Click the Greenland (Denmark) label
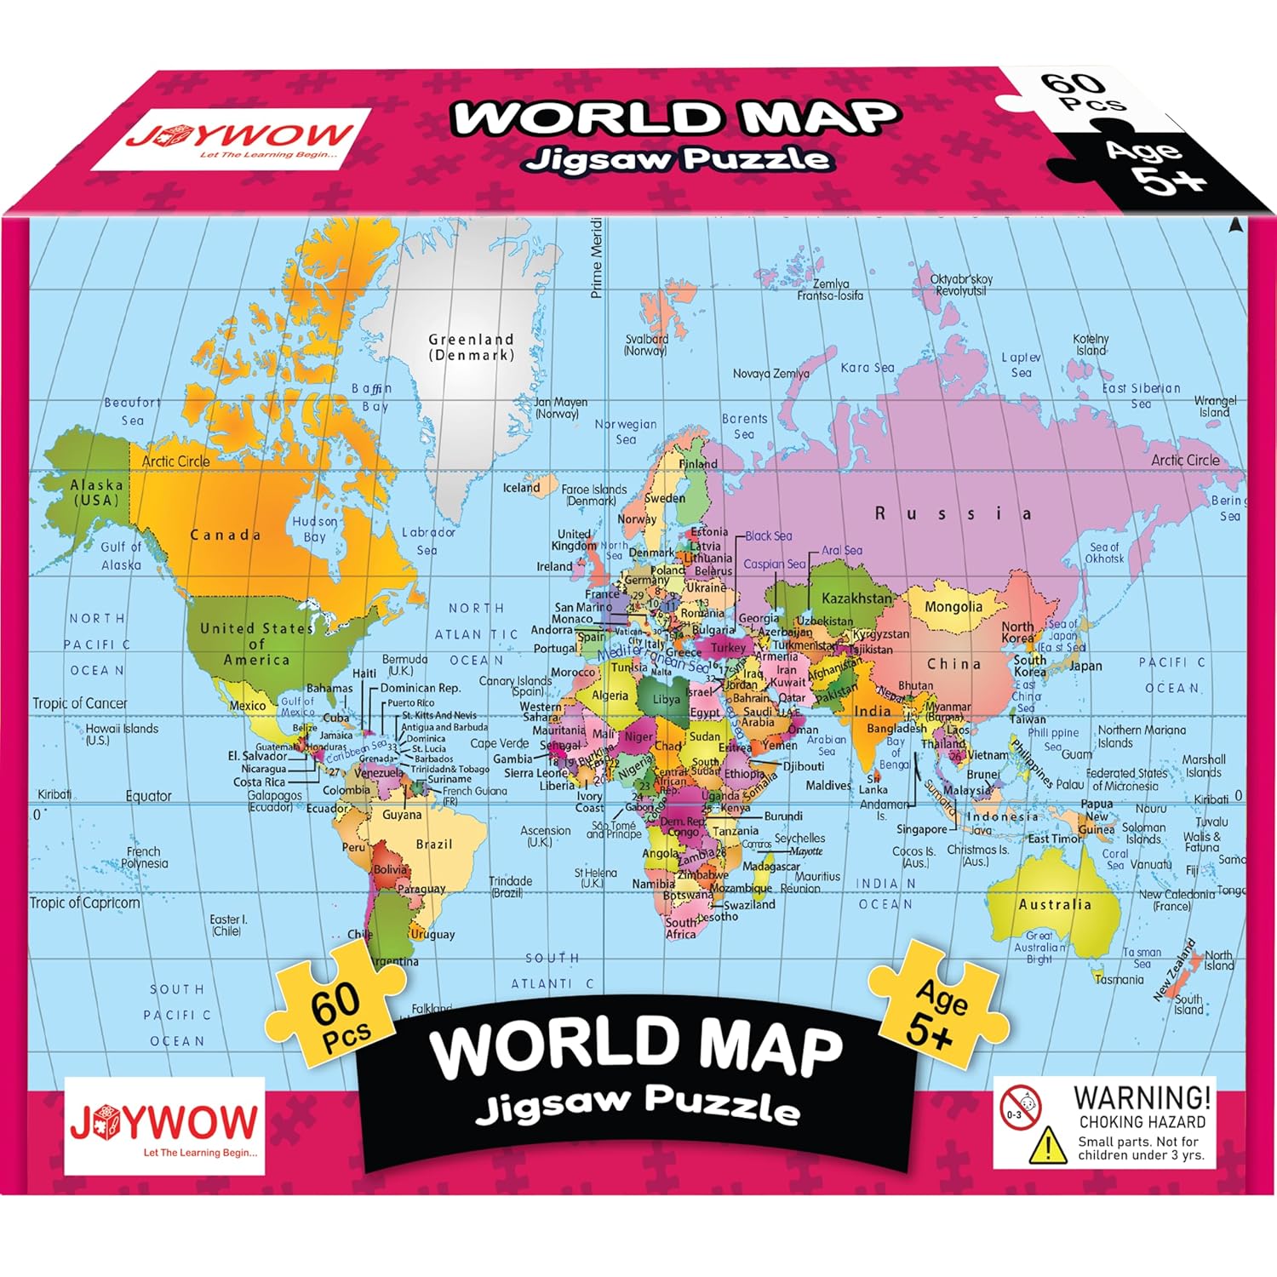pyautogui.click(x=471, y=347)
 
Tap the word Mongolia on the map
pyautogui.click(x=953, y=607)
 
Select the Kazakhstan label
pyautogui.click(x=856, y=598)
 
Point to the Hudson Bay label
pyautogui.click(x=315, y=529)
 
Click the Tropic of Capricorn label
pyautogui.click(x=84, y=902)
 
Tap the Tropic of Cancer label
pyautogui.click(x=79, y=703)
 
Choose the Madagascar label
pyautogui.click(x=771, y=866)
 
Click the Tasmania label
pyautogui.click(x=1119, y=980)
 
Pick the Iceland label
pyautogui.click(x=521, y=488)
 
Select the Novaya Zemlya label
pyautogui.click(x=770, y=374)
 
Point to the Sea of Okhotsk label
pyautogui.click(x=1104, y=553)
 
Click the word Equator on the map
pyautogui.click(x=148, y=796)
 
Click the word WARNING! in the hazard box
pyautogui.click(x=1142, y=1098)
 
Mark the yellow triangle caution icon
pyautogui.click(x=1047, y=1145)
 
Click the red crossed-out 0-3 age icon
pyautogui.click(x=1020, y=1108)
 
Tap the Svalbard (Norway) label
pyautogui.click(x=646, y=344)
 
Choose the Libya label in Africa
pyautogui.click(x=666, y=699)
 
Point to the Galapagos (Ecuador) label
pyautogui.click(x=274, y=801)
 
